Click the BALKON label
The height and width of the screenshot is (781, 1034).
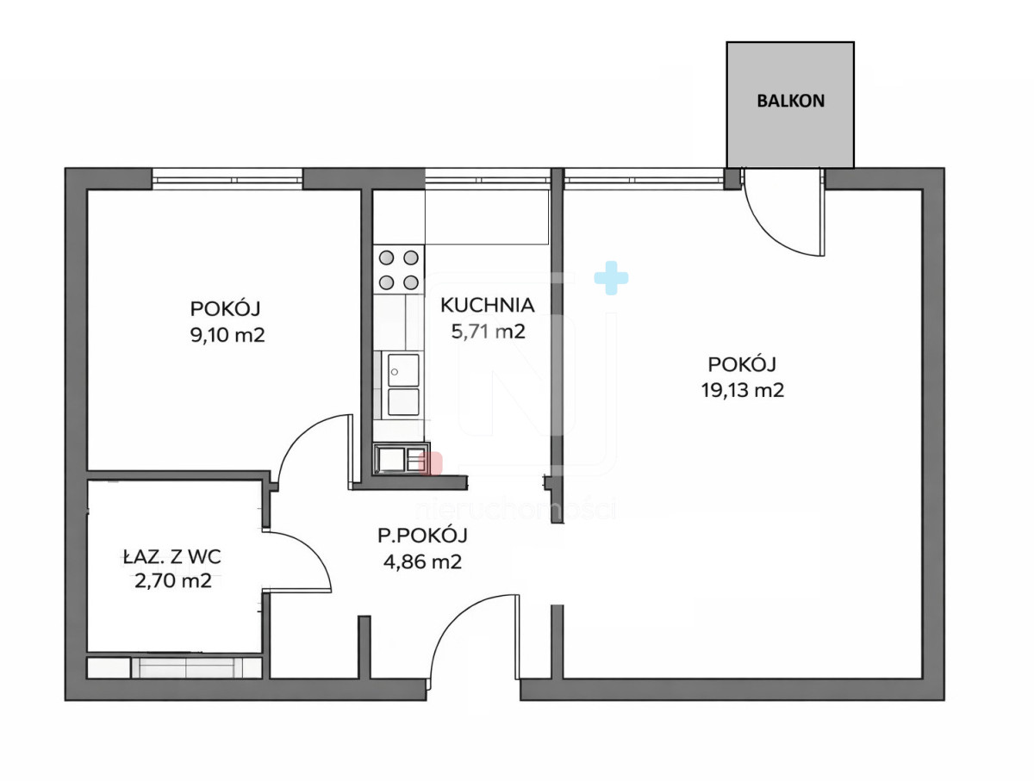[790, 101]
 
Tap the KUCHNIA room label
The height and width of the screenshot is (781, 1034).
[487, 305]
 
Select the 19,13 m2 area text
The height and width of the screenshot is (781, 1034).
[743, 390]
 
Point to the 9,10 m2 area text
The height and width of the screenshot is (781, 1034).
[227, 335]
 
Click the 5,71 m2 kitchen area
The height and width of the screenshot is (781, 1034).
[488, 332]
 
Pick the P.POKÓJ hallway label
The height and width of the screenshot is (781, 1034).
[422, 535]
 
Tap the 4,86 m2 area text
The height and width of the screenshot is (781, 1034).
[422, 561]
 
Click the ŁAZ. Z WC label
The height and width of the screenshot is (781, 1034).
[172, 557]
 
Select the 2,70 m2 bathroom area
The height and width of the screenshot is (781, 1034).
[173, 581]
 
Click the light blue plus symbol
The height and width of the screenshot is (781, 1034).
[611, 278]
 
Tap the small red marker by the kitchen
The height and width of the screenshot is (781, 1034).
[430, 463]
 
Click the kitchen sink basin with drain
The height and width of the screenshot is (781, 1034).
[402, 370]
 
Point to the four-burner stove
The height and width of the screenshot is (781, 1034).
[399, 270]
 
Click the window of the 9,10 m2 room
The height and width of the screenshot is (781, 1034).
[227, 179]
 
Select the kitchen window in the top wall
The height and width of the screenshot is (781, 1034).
[488, 179]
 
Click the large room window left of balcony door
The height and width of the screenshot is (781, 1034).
[644, 179]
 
